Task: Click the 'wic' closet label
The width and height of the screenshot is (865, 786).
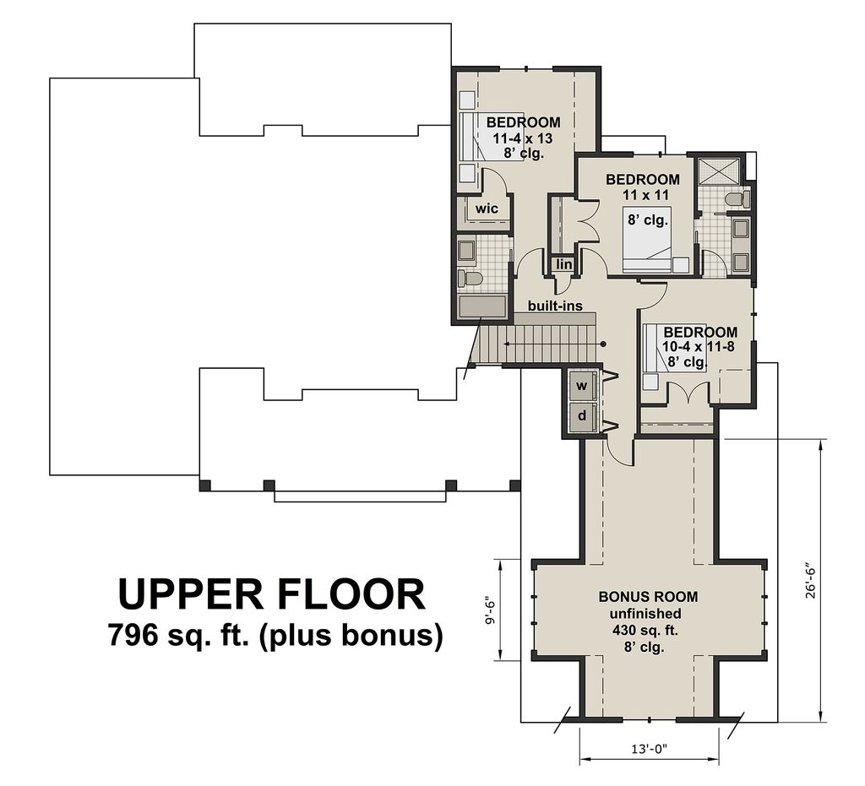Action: (487, 209)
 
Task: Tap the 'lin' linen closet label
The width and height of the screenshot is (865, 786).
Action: (564, 265)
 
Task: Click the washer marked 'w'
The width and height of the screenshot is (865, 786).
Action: (582, 386)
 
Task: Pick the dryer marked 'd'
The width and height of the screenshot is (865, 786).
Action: (582, 416)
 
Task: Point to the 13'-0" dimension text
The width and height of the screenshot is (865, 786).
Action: (649, 749)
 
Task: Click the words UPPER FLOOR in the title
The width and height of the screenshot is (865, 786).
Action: (271, 594)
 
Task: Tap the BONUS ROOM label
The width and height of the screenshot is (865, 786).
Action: (648, 597)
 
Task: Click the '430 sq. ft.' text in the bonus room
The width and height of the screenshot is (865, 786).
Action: (648, 631)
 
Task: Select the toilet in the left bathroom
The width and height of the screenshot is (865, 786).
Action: (470, 278)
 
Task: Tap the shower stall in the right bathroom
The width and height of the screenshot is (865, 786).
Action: (719, 171)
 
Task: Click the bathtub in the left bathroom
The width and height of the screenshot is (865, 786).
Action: (482, 306)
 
